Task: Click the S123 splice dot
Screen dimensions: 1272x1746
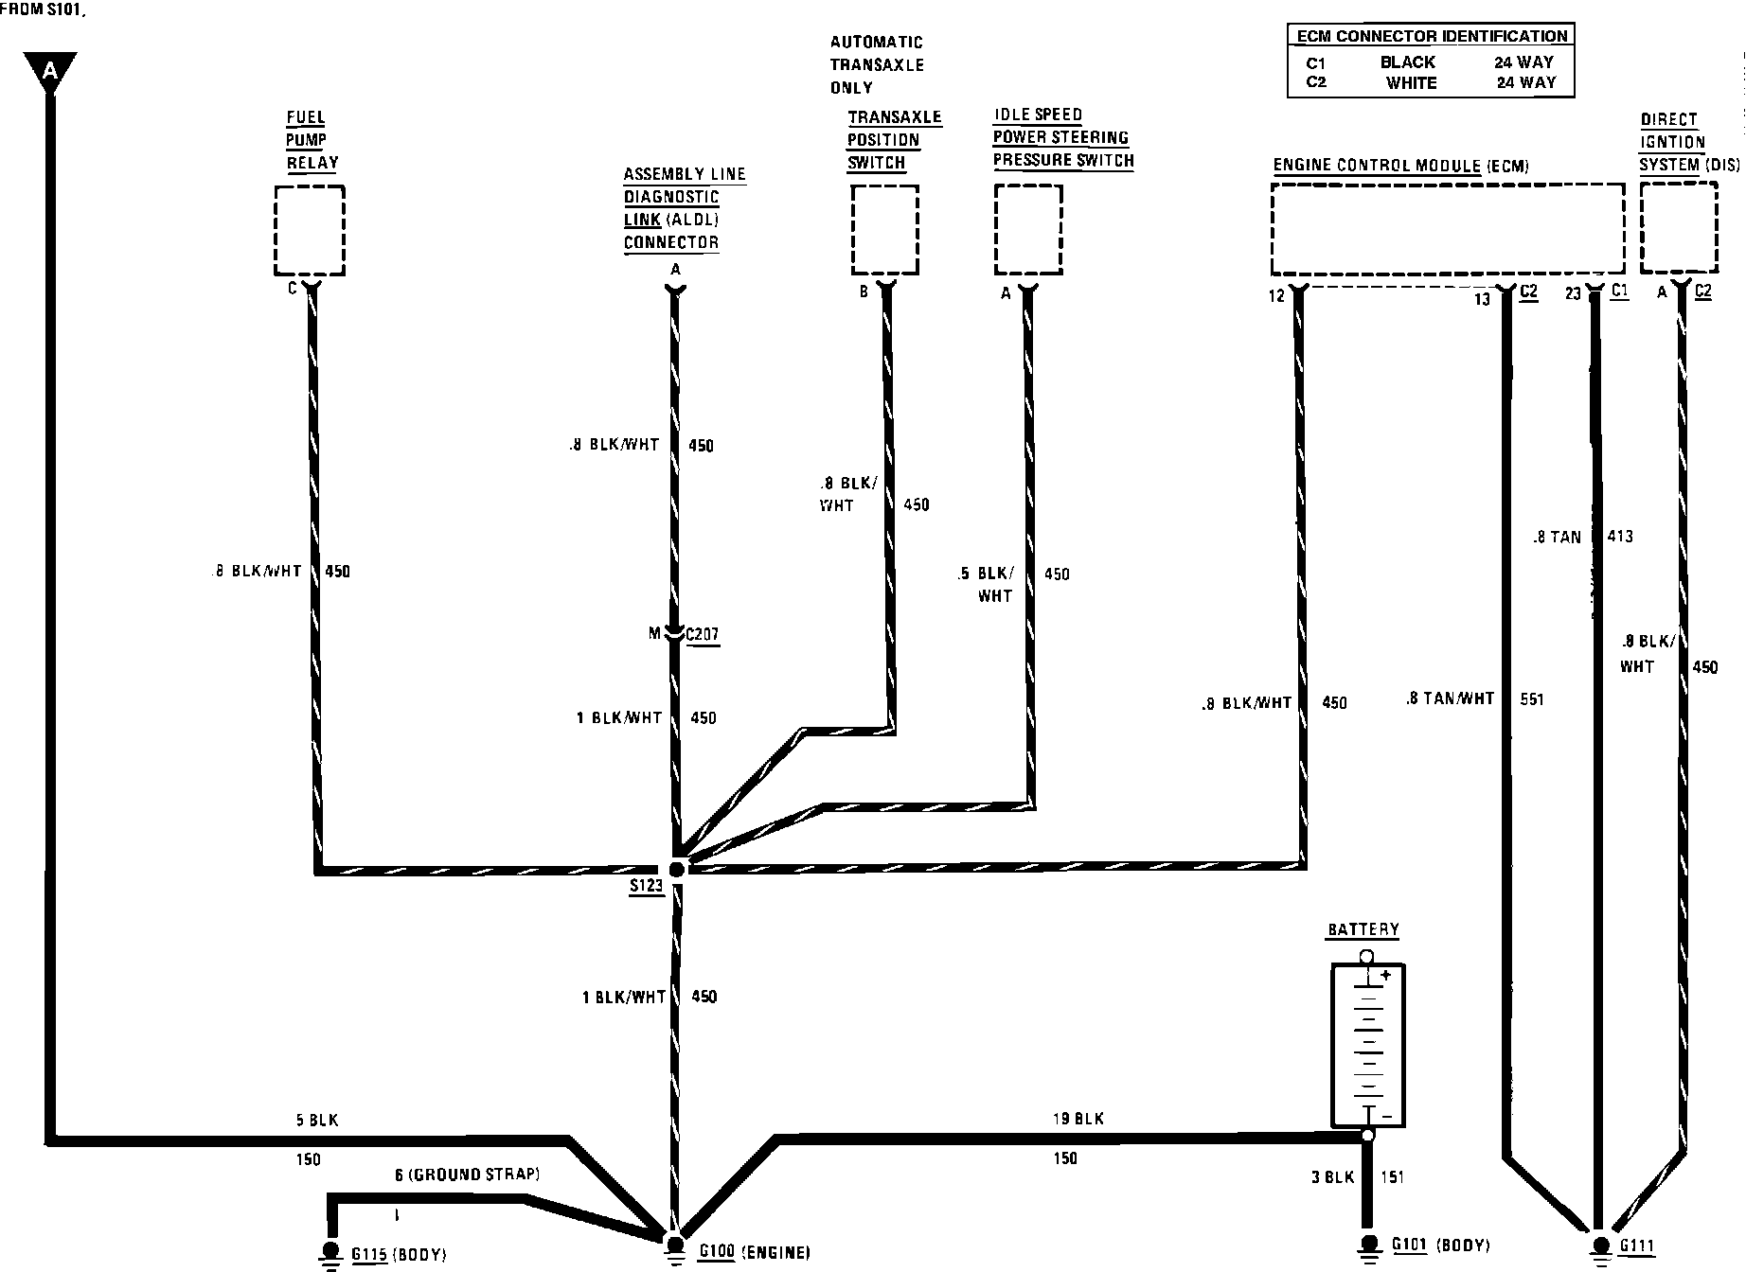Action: pyautogui.click(x=676, y=869)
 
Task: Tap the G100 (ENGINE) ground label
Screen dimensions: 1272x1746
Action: pyautogui.click(x=755, y=1253)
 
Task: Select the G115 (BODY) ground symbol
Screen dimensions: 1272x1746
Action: pyautogui.click(x=330, y=1251)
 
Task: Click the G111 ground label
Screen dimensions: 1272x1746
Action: pyautogui.click(x=1636, y=1247)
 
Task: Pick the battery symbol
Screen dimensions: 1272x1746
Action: pyautogui.click(x=1367, y=1046)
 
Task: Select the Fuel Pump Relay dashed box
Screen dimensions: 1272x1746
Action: pyautogui.click(x=310, y=230)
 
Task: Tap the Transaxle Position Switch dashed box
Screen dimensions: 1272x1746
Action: pyautogui.click(x=884, y=230)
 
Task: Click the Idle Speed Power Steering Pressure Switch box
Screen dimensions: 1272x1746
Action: pyautogui.click(x=1028, y=230)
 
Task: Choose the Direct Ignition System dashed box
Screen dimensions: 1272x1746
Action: pyautogui.click(x=1679, y=228)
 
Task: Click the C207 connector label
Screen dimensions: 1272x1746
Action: pyautogui.click(x=702, y=634)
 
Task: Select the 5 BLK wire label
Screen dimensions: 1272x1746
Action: pyautogui.click(x=316, y=1121)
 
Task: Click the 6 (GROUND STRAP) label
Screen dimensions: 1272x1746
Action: pyautogui.click(x=467, y=1175)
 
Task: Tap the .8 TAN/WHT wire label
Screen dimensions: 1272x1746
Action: pyautogui.click(x=1450, y=698)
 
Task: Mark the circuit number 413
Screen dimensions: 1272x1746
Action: pyautogui.click(x=1620, y=537)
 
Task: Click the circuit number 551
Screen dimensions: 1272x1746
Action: pyautogui.click(x=1531, y=699)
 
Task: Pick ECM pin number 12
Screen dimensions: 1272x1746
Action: pyautogui.click(x=1276, y=296)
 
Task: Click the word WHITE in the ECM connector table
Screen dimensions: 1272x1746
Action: pyautogui.click(x=1411, y=83)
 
